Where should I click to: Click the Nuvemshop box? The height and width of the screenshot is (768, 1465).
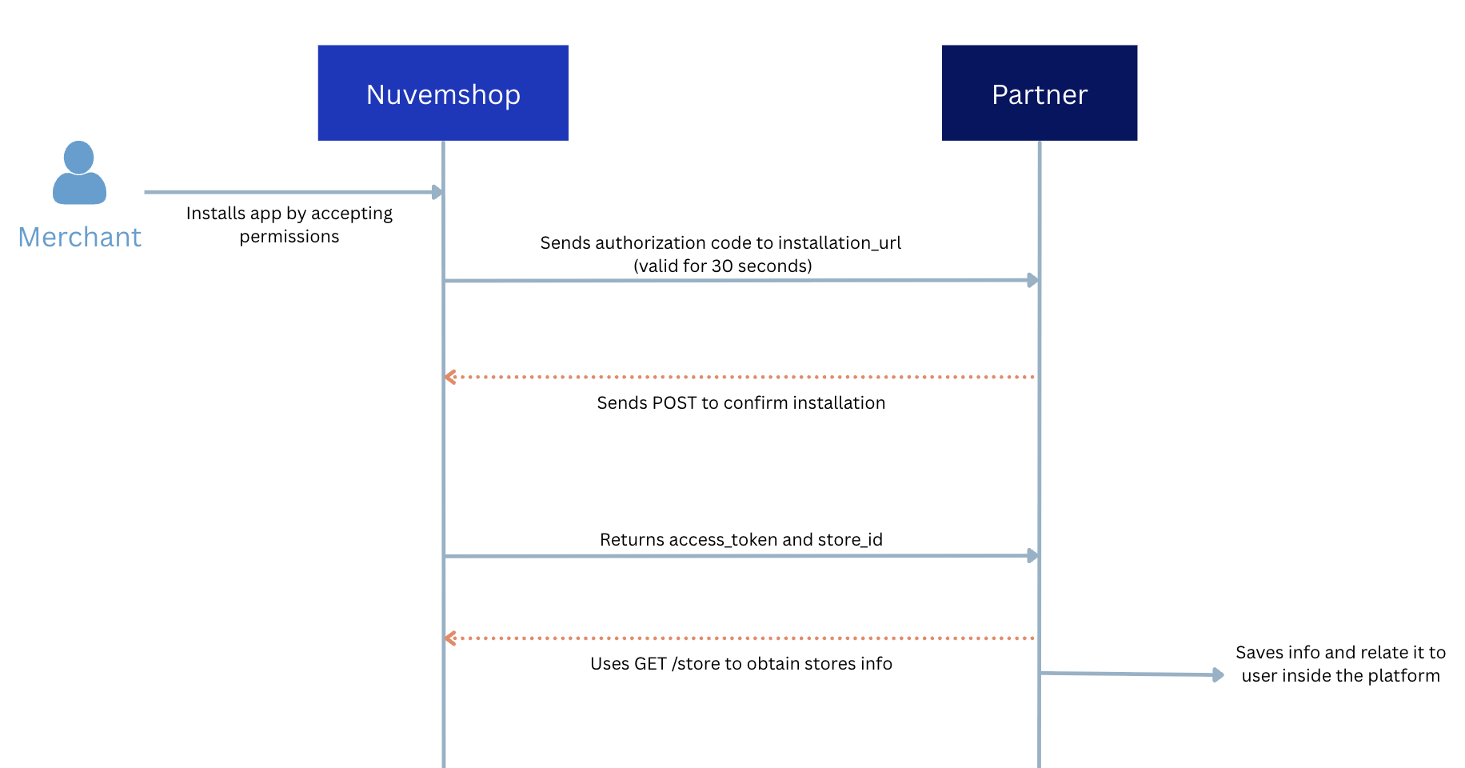[443, 93]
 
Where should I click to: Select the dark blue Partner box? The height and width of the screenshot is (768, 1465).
[1039, 93]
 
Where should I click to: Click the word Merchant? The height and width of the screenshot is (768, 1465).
[80, 238]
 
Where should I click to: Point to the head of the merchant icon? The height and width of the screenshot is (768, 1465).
[79, 157]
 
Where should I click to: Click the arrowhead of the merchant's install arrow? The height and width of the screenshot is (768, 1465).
[437, 192]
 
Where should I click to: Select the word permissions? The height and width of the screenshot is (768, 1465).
[289, 237]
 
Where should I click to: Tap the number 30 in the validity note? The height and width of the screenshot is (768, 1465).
[722, 266]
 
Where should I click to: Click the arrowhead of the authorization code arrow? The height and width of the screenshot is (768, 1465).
[1033, 280]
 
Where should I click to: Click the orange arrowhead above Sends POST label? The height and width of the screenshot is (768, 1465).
[450, 377]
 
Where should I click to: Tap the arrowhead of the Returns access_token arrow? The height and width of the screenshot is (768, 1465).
[1033, 555]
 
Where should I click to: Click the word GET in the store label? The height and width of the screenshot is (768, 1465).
[650, 664]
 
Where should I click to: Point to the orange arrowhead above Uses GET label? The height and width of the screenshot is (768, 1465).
[450, 638]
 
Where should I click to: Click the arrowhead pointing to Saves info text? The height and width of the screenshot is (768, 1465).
[1218, 675]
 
